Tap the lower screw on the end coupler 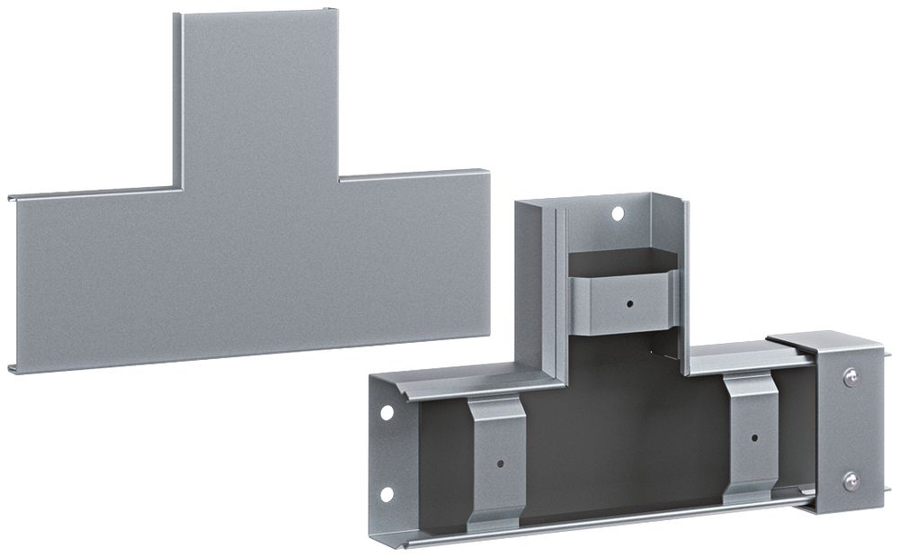(x=848, y=483)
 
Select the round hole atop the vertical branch (x=617, y=214)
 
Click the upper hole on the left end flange (x=386, y=413)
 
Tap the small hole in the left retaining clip (x=500, y=466)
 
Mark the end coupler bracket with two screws (x=841, y=423)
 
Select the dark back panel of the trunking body (x=620, y=450)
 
